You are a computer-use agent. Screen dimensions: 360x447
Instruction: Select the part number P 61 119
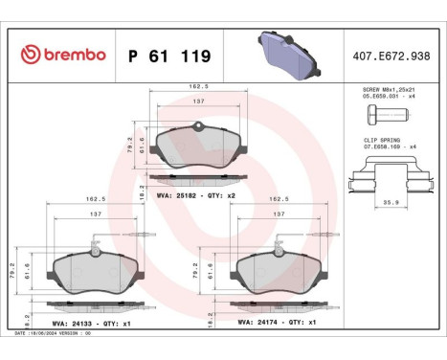(x=168, y=56)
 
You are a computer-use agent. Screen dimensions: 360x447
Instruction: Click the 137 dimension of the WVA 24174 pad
(x=278, y=216)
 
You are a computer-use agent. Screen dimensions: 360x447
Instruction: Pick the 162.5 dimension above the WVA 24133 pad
(x=94, y=200)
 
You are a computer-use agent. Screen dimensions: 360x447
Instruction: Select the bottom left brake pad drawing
(x=94, y=274)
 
